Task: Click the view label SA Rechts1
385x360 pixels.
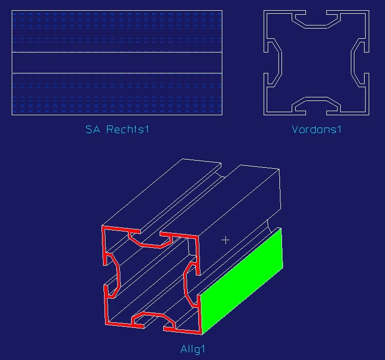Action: pos(117,130)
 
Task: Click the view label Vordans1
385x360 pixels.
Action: pos(317,130)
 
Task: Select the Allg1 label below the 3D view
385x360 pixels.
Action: pos(193,349)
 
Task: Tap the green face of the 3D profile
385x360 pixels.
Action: pos(242,281)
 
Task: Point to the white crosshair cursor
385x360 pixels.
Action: pos(225,240)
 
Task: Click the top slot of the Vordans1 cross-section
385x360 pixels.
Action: pos(316,20)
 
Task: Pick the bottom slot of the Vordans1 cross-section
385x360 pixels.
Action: pos(316,106)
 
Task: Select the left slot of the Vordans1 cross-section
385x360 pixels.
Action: pos(273,63)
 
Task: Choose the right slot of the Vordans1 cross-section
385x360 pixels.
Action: pos(360,63)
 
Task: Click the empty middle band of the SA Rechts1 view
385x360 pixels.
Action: pos(117,63)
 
